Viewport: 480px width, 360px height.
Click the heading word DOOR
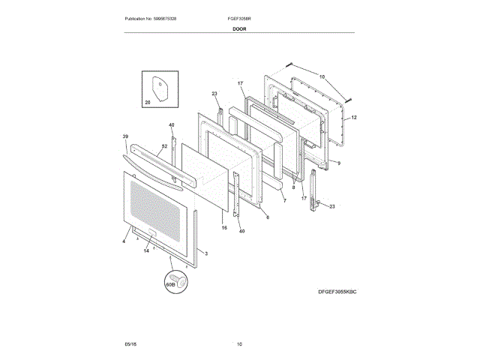pos(239,28)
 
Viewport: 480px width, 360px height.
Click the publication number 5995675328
pos(164,18)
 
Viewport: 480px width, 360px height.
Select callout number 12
pos(353,118)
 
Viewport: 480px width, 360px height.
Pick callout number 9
pos(337,163)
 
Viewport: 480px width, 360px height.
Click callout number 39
pos(125,136)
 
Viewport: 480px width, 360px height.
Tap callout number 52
pos(164,146)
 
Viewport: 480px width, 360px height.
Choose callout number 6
pos(267,217)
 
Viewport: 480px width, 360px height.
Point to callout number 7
pos(284,202)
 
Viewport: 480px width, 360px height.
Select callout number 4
pos(124,241)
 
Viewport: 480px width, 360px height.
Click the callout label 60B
pos(169,285)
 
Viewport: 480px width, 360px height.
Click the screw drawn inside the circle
pos(181,282)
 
